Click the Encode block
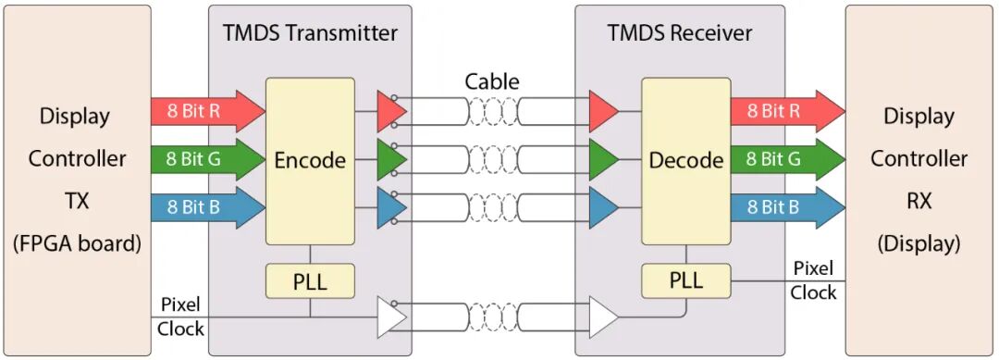(310, 161)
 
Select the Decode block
(685, 161)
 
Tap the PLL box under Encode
(310, 281)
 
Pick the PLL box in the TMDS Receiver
(685, 281)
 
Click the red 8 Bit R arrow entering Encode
(208, 111)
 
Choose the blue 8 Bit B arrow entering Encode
(208, 207)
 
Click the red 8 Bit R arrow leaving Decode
(787, 111)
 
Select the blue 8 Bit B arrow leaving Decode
(787, 207)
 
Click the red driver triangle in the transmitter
(390, 111)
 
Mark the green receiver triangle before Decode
(602, 160)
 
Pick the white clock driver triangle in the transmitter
(390, 317)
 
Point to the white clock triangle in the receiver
(602, 317)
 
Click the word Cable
(492, 81)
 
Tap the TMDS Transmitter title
(310, 33)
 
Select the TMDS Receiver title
(680, 33)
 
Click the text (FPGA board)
(77, 244)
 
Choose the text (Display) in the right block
(919, 244)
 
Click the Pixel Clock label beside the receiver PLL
(814, 280)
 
